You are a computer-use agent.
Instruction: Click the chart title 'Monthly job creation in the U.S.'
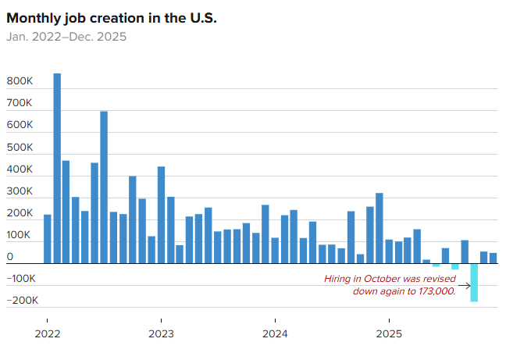point(112,17)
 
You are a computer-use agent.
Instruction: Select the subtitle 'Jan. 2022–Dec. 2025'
point(66,36)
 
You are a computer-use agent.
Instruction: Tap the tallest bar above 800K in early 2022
point(57,168)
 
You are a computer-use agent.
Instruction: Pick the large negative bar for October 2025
point(474,282)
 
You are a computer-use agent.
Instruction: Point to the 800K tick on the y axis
point(20,81)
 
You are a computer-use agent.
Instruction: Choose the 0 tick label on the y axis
point(10,257)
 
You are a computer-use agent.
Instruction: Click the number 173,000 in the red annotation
point(433,291)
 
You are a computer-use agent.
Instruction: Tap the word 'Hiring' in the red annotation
point(340,279)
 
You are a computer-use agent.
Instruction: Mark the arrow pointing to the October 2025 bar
point(464,285)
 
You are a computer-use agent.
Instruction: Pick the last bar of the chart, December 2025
point(493,258)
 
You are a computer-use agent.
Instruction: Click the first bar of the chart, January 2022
point(48,239)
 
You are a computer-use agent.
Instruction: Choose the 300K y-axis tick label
point(20,191)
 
